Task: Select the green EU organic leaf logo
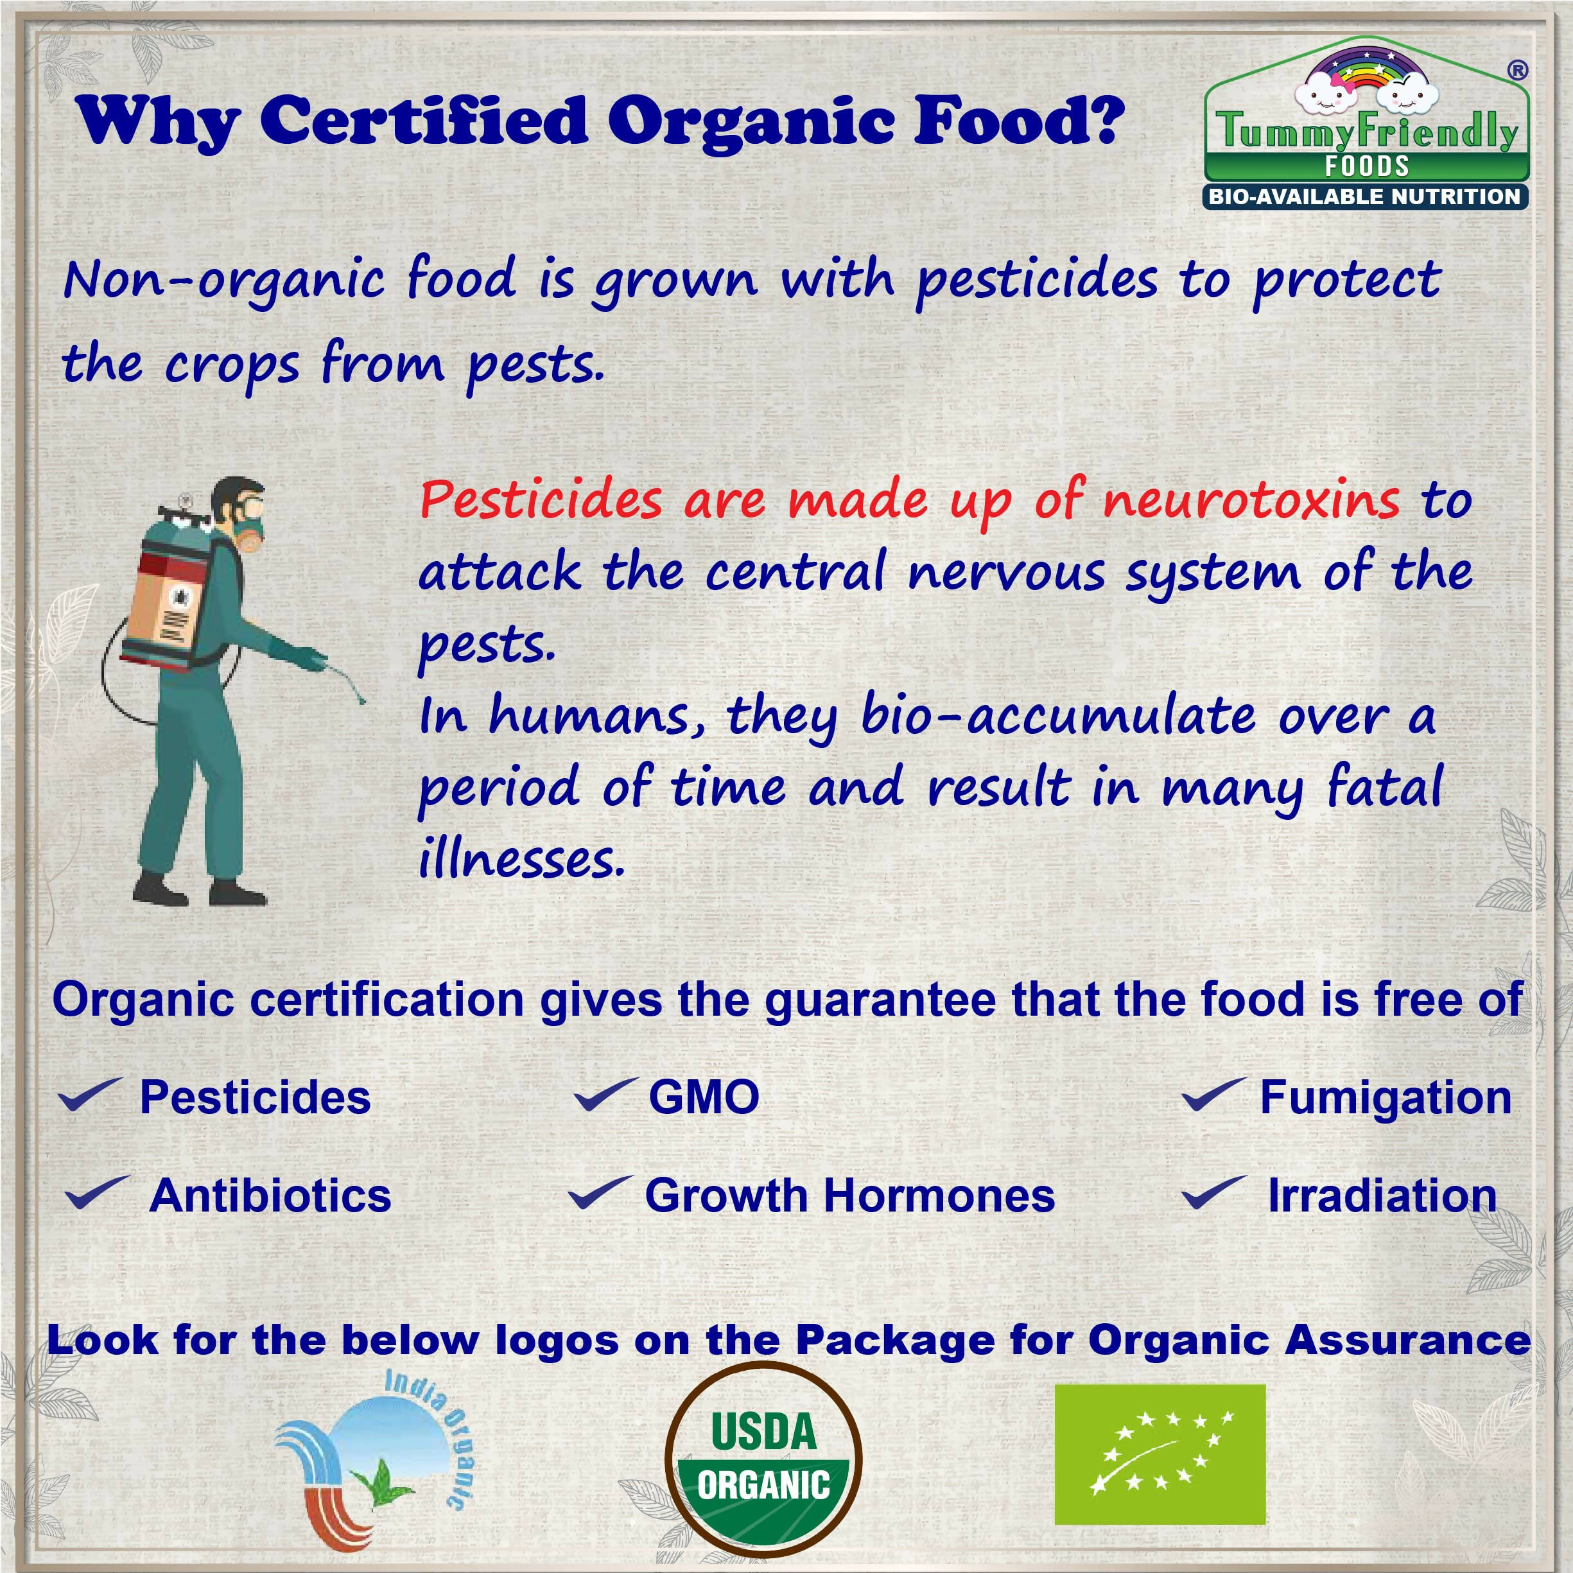tap(1160, 1454)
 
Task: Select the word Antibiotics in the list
tap(270, 1195)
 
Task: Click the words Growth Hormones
tap(849, 1195)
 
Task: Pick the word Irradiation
tap(1382, 1195)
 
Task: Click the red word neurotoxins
tap(1250, 499)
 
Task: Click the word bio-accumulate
tap(1059, 717)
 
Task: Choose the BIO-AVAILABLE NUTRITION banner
tap(1364, 196)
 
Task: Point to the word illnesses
tap(521, 859)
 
